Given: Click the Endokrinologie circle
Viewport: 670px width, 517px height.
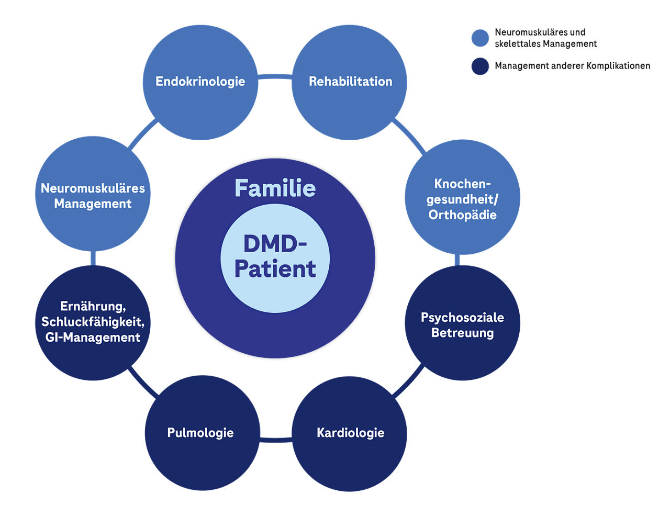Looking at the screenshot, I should [x=200, y=82].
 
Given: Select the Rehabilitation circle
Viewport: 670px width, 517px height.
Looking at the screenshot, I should [x=350, y=82].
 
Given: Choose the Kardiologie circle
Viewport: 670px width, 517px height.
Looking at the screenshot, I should [x=350, y=433].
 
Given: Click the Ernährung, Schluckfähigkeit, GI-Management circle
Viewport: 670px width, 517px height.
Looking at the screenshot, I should [x=93, y=322].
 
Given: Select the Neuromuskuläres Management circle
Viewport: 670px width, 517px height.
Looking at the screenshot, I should [x=93, y=195].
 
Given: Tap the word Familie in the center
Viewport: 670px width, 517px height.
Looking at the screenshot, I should [x=275, y=188].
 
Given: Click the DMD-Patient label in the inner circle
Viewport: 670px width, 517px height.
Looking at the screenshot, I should [x=275, y=256].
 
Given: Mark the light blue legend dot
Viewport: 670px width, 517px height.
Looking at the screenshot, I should [x=480, y=38].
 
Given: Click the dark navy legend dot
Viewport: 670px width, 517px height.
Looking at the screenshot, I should [x=480, y=66].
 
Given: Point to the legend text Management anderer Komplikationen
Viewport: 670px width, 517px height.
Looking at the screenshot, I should [x=572, y=66].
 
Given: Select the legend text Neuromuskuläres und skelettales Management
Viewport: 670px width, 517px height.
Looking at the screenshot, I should [x=545, y=38].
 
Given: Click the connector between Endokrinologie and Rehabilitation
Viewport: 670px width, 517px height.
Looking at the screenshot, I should [x=275, y=77].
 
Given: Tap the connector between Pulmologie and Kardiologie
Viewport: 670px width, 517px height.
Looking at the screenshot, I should [x=275, y=439].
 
